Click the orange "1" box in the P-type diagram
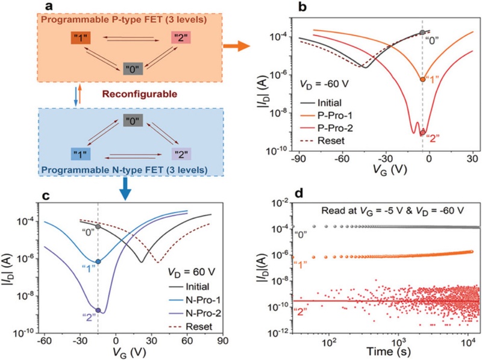point(80,38)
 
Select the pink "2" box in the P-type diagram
point(181,38)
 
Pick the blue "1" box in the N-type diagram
point(81,154)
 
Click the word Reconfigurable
point(140,94)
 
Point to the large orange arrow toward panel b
point(236,46)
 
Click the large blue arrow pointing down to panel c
point(125,189)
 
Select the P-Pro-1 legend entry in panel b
point(326,115)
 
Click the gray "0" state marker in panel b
point(422,33)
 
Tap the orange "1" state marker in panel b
point(423,79)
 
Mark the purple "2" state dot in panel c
point(98,310)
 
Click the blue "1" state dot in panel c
point(98,261)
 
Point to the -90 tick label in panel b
point(298,159)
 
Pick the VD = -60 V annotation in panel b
point(324,84)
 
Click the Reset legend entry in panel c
point(191,326)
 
